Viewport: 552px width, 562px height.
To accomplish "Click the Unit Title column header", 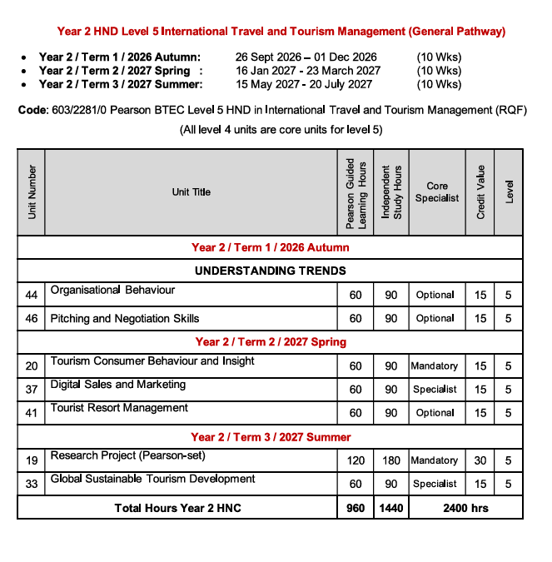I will (x=191, y=192).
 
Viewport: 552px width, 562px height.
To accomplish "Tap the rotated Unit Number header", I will (x=32, y=192).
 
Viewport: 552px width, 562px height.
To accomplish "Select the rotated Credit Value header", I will (x=480, y=192).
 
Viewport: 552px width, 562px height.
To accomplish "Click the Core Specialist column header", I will (x=436, y=192).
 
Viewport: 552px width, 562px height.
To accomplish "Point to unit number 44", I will (x=32, y=295).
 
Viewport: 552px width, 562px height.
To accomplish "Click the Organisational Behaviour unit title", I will (x=112, y=291).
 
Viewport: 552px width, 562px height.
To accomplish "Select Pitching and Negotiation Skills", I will (x=125, y=318).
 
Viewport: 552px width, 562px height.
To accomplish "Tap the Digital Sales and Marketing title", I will (x=117, y=385).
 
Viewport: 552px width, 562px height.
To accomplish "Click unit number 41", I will (x=32, y=413).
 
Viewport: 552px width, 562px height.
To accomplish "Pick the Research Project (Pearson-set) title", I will (x=127, y=455).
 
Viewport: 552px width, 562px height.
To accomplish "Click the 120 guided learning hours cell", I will (x=356, y=460).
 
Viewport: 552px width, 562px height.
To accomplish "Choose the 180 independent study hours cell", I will (x=391, y=460).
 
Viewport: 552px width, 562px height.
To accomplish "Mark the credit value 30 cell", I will (x=480, y=460).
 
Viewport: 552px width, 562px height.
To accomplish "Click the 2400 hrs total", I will (x=465, y=508).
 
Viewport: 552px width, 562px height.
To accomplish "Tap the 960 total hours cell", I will (x=356, y=508).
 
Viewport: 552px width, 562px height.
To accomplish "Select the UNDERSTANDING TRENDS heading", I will (x=270, y=271).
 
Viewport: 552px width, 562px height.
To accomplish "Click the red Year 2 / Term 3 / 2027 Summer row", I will (x=271, y=437).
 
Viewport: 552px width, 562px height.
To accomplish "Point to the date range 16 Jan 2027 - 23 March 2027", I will (x=307, y=71).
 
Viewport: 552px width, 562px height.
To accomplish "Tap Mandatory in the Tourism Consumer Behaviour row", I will (x=435, y=366).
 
